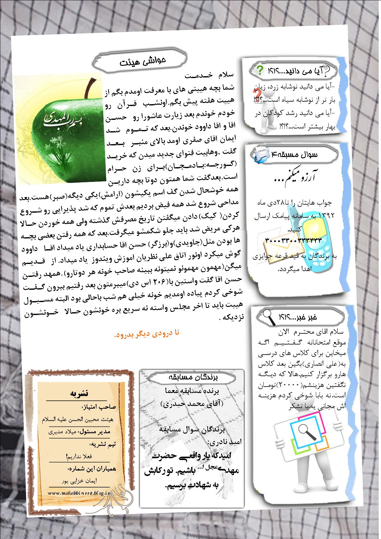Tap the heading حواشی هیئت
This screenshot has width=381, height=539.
pos(143,61)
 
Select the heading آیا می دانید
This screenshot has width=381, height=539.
pos(295,71)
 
